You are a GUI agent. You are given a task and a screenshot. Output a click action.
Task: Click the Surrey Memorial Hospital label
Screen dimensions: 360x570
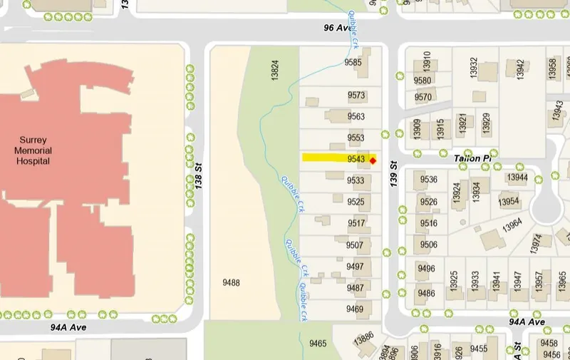pyautogui.click(x=33, y=150)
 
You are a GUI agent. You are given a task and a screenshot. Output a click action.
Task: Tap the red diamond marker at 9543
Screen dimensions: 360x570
pyautogui.click(x=373, y=160)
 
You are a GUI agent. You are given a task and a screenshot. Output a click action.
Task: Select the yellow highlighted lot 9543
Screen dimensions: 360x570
pyautogui.click(x=335, y=158)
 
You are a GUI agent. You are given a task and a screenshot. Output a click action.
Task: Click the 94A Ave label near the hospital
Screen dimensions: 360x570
pyautogui.click(x=68, y=327)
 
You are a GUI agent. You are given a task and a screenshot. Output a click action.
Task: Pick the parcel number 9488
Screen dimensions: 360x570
pyautogui.click(x=231, y=283)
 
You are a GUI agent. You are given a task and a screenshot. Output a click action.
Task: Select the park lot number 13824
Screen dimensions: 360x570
pyautogui.click(x=274, y=70)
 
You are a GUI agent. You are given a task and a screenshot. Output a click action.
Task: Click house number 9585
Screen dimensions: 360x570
pyautogui.click(x=353, y=63)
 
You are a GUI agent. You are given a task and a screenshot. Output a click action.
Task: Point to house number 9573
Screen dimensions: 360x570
pyautogui.click(x=356, y=96)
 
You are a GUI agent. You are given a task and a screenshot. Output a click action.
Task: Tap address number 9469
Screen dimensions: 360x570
pyautogui.click(x=355, y=309)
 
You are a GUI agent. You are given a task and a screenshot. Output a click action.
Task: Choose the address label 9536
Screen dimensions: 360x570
pyautogui.click(x=429, y=179)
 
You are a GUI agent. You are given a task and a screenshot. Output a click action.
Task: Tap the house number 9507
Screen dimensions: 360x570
pyautogui.click(x=355, y=245)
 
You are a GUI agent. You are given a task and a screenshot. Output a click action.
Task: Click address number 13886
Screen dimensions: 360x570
pyautogui.click(x=363, y=336)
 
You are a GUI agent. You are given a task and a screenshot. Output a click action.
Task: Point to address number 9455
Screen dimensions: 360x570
pyautogui.click(x=479, y=348)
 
